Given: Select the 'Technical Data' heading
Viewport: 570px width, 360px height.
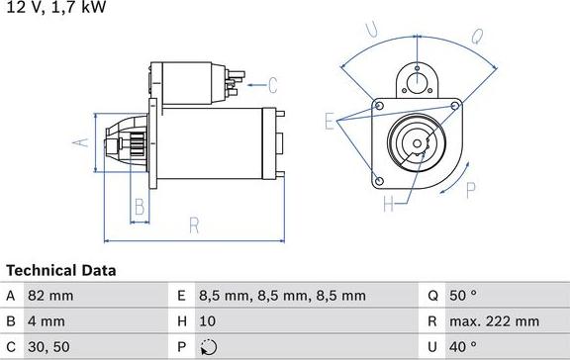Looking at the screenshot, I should pyautogui.click(x=60, y=270).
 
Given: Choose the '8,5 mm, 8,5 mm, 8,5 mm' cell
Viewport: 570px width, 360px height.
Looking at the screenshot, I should pyautogui.click(x=282, y=296).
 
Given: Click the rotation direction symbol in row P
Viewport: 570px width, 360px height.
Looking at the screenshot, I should pyautogui.click(x=206, y=347).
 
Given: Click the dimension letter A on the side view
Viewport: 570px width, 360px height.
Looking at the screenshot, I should pyautogui.click(x=82, y=141).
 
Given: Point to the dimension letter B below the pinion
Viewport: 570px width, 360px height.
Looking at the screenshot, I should pyautogui.click(x=140, y=207).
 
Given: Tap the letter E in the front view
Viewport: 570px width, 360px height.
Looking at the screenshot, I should pyautogui.click(x=330, y=121).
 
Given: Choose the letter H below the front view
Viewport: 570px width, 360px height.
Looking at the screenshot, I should pyautogui.click(x=388, y=205).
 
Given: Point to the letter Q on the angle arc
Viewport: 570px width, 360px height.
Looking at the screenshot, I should pyautogui.click(x=476, y=38).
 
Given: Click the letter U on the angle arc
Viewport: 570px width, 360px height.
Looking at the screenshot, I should pyautogui.click(x=371, y=33).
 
